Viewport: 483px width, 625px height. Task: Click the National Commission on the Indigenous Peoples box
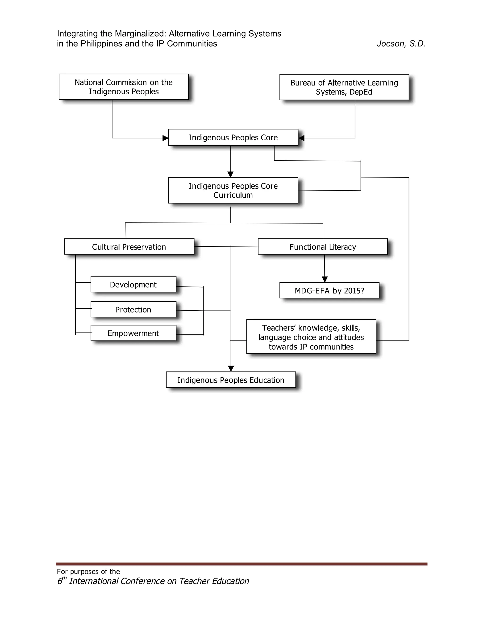[124, 87]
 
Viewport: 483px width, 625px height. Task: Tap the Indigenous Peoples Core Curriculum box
[233, 191]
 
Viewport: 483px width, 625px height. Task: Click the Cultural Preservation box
[129, 247]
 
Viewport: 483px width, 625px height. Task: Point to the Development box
[133, 284]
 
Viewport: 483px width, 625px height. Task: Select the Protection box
[133, 309]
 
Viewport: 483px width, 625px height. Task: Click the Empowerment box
[133, 333]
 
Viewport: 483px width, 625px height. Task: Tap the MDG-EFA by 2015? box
[329, 291]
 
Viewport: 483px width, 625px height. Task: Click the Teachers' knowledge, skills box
[311, 337]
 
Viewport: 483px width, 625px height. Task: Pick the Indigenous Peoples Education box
[231, 380]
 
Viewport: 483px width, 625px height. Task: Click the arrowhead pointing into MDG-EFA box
[325, 279]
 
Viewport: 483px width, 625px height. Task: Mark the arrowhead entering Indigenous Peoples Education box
[231, 369]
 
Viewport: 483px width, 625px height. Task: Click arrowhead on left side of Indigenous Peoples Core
[165, 138]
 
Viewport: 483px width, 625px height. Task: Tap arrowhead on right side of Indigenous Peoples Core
[301, 138]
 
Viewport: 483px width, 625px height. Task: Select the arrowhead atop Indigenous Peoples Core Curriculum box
[230, 174]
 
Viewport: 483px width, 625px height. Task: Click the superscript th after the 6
[64, 578]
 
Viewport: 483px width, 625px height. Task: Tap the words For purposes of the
[88, 571]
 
